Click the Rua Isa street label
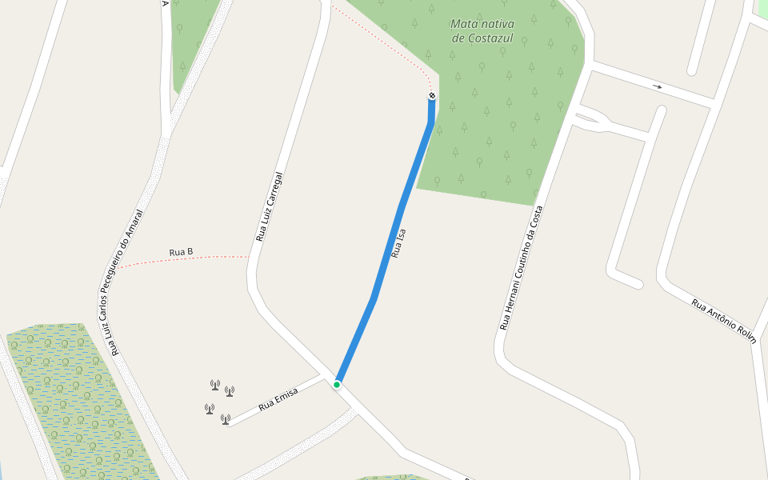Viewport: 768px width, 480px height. [398, 243]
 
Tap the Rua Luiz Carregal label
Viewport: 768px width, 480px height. [270, 206]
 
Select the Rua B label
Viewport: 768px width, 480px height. [182, 252]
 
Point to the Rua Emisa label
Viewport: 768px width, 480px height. [278, 399]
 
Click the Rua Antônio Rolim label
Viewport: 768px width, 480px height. [723, 321]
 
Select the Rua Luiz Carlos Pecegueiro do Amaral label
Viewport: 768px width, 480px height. [127, 282]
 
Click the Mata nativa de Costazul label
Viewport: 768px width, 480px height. [482, 30]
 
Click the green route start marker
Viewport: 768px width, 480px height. [337, 385]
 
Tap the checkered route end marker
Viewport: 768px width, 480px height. [432, 96]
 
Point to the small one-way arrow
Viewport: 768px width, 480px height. [658, 86]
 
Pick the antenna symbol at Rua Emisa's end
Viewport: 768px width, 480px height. [226, 418]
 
